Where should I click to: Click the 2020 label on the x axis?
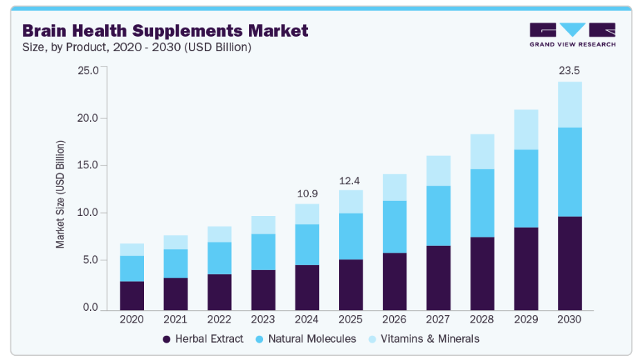[x=132, y=320]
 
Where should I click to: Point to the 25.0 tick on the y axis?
[x=89, y=71]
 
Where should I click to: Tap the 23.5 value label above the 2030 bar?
[x=570, y=70]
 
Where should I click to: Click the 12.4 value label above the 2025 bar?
[x=351, y=181]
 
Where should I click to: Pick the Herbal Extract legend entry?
[x=203, y=339]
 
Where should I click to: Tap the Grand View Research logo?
[x=572, y=35]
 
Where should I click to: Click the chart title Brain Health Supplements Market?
[x=165, y=30]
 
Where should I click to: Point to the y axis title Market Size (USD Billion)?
[x=60, y=194]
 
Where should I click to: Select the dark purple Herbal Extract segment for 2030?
[x=570, y=263]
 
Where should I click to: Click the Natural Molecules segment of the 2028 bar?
[x=482, y=203]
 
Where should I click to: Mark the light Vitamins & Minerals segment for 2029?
[x=526, y=129]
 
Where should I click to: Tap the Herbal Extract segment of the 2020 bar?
[x=132, y=296]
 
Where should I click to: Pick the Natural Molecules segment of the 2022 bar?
[x=219, y=258]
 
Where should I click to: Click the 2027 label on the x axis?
[x=438, y=320]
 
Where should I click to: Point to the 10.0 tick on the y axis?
[x=89, y=213]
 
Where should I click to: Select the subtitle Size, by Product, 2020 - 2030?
[x=137, y=48]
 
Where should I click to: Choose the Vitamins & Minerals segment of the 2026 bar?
[x=395, y=187]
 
